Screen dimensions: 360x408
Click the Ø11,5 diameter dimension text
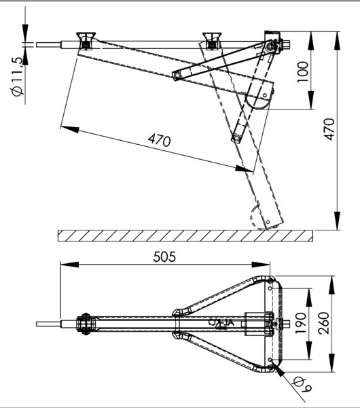(18, 76)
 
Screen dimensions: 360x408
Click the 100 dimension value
(303, 72)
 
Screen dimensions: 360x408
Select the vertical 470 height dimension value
(329, 130)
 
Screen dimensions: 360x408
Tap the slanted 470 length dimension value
(160, 140)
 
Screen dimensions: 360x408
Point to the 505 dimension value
(164, 256)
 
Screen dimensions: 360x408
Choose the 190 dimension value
(301, 323)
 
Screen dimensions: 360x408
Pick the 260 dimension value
(324, 323)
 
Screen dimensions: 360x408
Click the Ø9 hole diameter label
(302, 386)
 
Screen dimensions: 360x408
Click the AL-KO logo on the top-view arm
(221, 322)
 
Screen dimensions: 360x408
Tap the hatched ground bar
(185, 236)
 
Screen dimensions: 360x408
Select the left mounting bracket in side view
(86, 41)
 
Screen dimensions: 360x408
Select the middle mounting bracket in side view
(212, 41)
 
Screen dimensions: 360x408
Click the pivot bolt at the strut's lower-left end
(177, 75)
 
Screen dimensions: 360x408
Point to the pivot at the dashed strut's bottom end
(236, 137)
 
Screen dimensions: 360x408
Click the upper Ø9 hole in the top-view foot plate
(270, 288)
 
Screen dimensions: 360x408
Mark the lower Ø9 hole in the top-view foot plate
(270, 360)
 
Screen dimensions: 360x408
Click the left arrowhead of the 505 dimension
(69, 265)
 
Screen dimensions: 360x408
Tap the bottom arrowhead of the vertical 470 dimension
(337, 220)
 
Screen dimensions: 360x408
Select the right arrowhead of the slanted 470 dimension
(244, 169)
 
